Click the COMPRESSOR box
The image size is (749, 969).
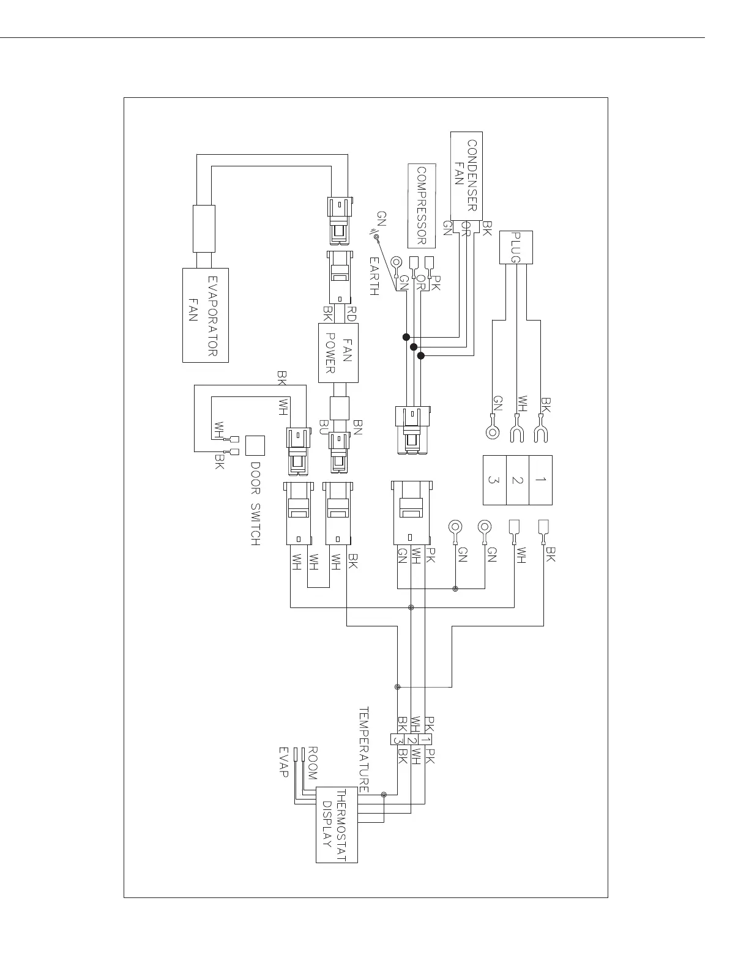click(422, 206)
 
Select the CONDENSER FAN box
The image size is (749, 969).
click(466, 176)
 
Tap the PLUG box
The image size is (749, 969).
click(516, 248)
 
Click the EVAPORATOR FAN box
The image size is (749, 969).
click(206, 315)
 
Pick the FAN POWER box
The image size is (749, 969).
click(338, 353)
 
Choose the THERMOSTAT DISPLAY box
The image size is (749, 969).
click(337, 825)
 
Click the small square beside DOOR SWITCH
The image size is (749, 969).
click(256, 445)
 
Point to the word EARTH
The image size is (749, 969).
click(374, 277)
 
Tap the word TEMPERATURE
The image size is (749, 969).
click(363, 750)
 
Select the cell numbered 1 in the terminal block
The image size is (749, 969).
click(540, 480)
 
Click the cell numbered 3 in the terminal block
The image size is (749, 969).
click(494, 480)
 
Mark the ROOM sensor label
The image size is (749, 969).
click(312, 763)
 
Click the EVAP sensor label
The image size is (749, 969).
click(283, 762)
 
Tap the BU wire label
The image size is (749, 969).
click(324, 426)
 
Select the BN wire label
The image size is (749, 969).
click(358, 426)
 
